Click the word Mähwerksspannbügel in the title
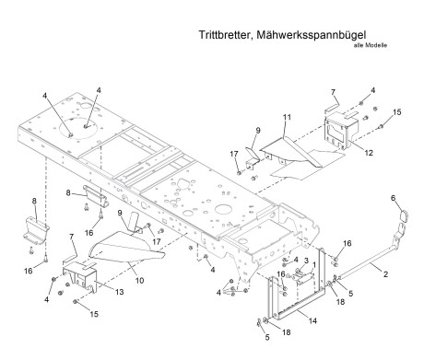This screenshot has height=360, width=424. (311, 35)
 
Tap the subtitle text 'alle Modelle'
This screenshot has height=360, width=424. (371, 45)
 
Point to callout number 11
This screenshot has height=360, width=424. (287, 117)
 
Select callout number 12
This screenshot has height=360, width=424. (369, 153)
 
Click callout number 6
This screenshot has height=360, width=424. (394, 198)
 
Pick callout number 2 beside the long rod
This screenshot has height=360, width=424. (385, 273)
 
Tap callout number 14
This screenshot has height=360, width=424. (312, 320)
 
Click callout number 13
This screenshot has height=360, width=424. (119, 292)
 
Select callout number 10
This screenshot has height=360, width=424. (139, 280)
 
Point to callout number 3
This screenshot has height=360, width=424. (306, 261)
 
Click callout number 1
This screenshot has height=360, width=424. (314, 264)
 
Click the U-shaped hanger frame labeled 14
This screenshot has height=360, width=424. (297, 312)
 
